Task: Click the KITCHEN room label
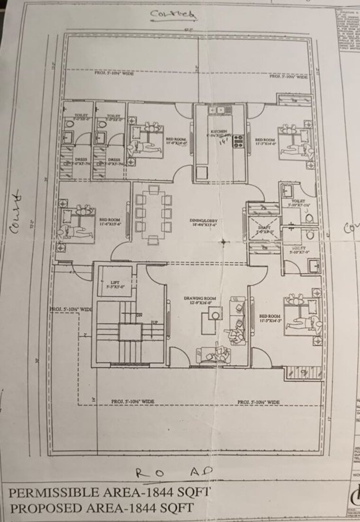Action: (219, 131)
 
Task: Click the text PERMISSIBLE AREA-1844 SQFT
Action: (108, 492)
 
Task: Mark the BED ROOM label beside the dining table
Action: (109, 221)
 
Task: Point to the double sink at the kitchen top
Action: (219, 110)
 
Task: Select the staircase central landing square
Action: (130, 332)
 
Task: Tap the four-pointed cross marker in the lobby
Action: (223, 242)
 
